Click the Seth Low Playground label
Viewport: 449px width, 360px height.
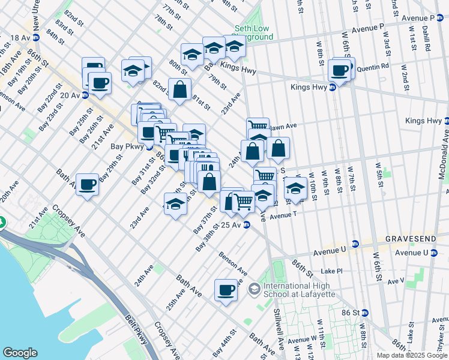[x=253, y=32]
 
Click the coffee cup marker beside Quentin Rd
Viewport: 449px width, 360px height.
[x=340, y=70]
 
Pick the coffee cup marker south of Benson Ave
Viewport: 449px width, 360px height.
[x=226, y=290]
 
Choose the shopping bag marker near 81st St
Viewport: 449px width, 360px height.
[x=180, y=90]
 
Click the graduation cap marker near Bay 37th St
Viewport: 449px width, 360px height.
[x=175, y=204]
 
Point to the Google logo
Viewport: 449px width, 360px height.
[x=19, y=353]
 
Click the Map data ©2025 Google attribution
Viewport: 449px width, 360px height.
[x=411, y=355]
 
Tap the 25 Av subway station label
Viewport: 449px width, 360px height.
[x=231, y=225]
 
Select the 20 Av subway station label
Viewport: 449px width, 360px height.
[x=70, y=95]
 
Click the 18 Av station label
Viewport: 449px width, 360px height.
[x=20, y=37]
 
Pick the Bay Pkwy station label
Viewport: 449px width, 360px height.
[x=125, y=146]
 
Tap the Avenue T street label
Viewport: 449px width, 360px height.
[x=283, y=215]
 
